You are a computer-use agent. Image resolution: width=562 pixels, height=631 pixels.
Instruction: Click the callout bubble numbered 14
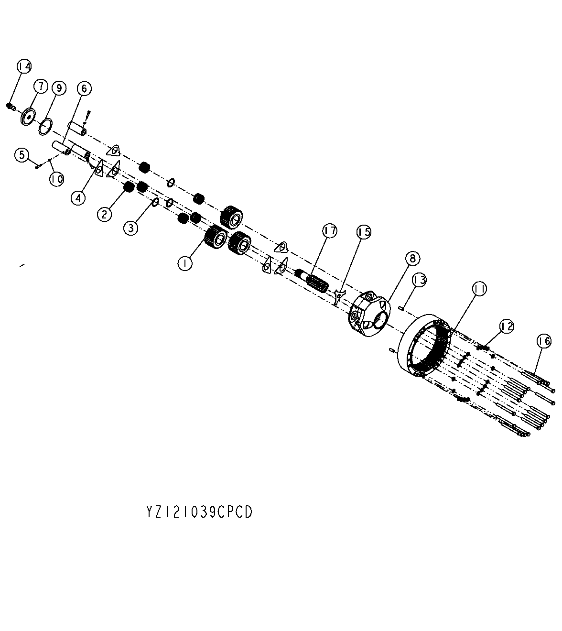coord(24,66)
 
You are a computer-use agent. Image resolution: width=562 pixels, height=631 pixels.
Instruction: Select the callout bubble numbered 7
coord(41,86)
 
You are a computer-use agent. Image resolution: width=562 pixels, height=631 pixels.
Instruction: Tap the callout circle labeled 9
coord(59,88)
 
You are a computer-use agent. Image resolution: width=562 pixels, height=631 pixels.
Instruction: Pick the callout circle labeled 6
coord(84,89)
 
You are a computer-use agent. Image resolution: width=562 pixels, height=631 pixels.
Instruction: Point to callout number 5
coord(22,155)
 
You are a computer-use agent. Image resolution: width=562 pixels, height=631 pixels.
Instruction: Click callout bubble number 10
coord(57,179)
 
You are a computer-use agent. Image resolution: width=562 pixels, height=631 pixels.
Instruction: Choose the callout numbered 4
coord(78,197)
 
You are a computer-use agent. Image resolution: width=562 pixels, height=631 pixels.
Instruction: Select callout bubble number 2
coord(104,214)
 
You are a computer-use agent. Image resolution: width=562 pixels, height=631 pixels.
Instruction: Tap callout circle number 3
coord(131,228)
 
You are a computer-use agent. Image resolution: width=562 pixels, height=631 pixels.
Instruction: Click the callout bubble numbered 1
coord(185,263)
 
